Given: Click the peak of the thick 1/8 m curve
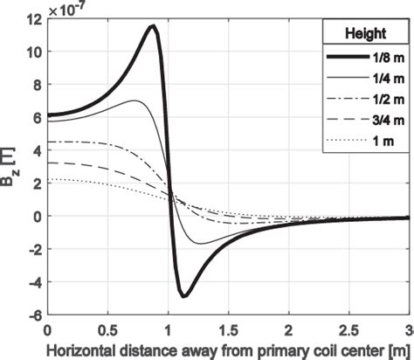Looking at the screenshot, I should [x=151, y=27].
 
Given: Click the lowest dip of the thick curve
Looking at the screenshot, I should [x=184, y=296].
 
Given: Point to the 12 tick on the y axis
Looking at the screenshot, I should [x=33, y=19].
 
